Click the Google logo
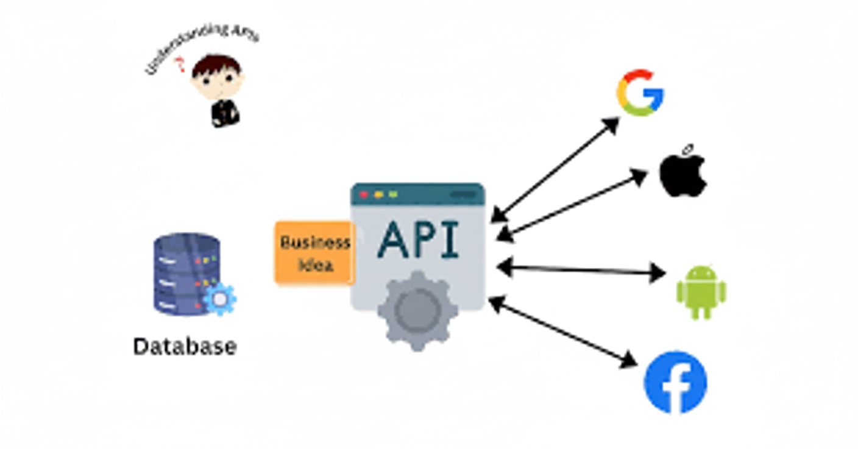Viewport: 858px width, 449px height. pyautogui.click(x=639, y=93)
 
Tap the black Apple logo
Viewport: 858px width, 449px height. pyautogui.click(x=682, y=173)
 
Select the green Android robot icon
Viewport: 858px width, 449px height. pyautogui.click(x=701, y=292)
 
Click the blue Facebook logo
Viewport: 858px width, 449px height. pyautogui.click(x=675, y=383)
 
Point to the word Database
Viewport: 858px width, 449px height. pyautogui.click(x=185, y=347)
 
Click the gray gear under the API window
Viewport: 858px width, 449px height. pyautogui.click(x=417, y=310)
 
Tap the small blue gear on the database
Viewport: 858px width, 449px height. pyautogui.click(x=219, y=299)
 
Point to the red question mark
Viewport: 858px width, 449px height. pyautogui.click(x=180, y=64)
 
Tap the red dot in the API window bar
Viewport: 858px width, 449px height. pyautogui.click(x=364, y=195)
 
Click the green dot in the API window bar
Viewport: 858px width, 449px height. pyautogui.click(x=393, y=195)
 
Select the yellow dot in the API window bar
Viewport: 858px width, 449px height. pyautogui.click(x=378, y=195)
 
